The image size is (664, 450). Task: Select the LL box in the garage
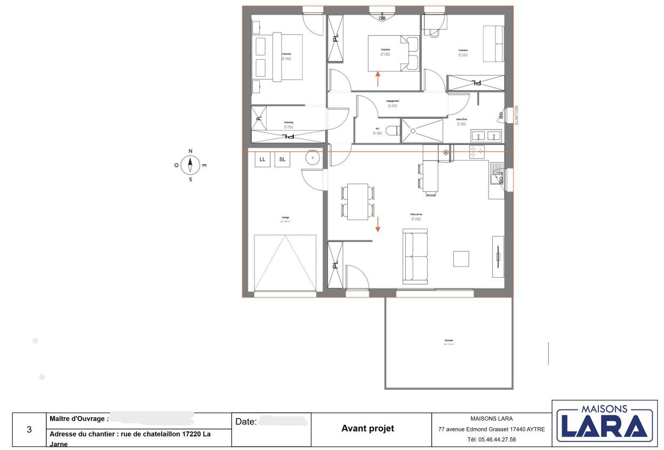pos(262,159)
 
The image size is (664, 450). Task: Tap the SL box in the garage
pos(282,159)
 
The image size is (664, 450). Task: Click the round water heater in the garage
pos(312,158)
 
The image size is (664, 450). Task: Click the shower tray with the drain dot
pos(422,131)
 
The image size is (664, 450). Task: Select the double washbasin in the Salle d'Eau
pos(486,135)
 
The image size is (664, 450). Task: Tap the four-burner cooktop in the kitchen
pos(476,152)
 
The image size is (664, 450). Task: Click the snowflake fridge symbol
pos(446,153)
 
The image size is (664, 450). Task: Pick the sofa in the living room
pos(415,256)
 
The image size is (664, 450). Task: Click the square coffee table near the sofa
pos(461,259)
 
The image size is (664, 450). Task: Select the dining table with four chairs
pos(357,202)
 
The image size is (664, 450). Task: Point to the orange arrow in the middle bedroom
pos(378,78)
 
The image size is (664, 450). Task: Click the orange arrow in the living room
pos(378,224)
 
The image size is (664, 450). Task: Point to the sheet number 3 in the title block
pos(29,429)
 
